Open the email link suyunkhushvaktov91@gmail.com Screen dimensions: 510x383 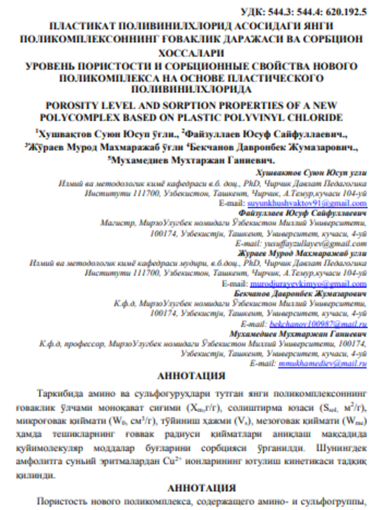[x=324, y=203]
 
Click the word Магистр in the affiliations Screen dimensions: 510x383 [x=116, y=224]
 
